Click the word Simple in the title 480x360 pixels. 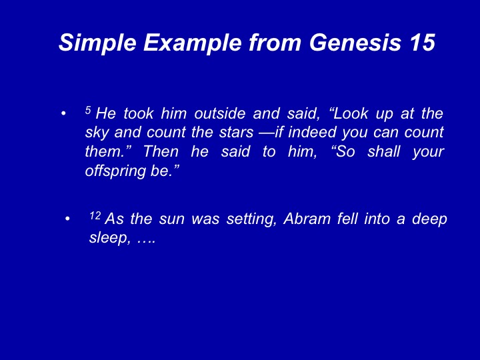pos(97,43)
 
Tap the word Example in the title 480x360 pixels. pos(193,43)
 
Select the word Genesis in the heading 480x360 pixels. pos(355,42)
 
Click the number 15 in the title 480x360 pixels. pos(422,42)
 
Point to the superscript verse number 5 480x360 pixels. pos(88,110)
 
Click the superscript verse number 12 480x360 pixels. pos(95,215)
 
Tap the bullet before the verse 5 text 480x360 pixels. pos(63,113)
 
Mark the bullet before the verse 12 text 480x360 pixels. pos(67,219)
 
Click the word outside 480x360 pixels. pos(220,113)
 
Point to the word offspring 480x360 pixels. pos(115,171)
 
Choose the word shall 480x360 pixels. pos(383,152)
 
